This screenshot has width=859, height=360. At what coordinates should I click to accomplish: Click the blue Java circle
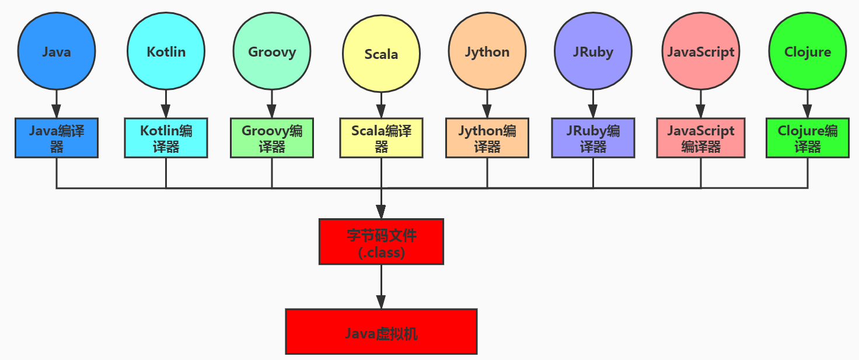pos(57,51)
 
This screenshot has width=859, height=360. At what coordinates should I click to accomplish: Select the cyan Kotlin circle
pos(166,51)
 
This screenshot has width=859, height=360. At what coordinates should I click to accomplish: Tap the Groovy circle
pos(272,51)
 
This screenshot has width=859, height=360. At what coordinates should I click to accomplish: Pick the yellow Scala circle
pos(381,54)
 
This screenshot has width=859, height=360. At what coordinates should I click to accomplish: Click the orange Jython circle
pos(487,51)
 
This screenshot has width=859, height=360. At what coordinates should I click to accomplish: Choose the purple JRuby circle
pos(593,51)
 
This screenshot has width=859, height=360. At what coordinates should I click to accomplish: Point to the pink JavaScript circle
pos(700,51)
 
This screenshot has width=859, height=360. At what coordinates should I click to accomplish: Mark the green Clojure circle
pos(808,51)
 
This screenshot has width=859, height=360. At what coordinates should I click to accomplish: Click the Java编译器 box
pos(57,138)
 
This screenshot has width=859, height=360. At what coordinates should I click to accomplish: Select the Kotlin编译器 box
pos(166,138)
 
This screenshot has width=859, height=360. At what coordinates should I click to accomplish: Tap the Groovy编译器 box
pos(272,138)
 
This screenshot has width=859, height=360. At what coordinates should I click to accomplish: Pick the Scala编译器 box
pos(381,138)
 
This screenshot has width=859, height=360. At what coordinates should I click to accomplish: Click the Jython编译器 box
pos(487,138)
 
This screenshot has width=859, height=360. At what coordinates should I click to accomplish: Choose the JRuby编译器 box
pos(593,138)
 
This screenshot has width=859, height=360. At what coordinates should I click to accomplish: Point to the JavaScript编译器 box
pos(700,138)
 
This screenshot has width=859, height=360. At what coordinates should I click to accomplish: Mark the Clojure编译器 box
pos(808,138)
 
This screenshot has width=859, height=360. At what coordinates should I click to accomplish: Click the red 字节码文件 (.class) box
pos(381,242)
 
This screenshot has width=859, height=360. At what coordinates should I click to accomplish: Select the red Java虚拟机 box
pos(381,331)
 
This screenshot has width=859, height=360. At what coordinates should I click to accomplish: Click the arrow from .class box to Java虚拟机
pos(381,286)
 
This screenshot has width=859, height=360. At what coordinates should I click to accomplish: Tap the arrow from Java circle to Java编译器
pos(57,104)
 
